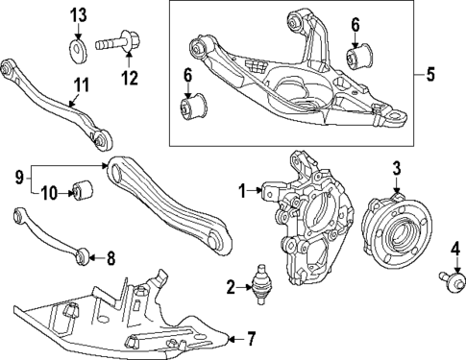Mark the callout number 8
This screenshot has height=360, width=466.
(x=110, y=257)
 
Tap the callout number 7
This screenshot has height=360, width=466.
(x=251, y=337)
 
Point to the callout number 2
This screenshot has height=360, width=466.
(x=230, y=286)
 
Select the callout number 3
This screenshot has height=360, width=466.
(x=395, y=170)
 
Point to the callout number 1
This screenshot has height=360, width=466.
(x=243, y=189)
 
